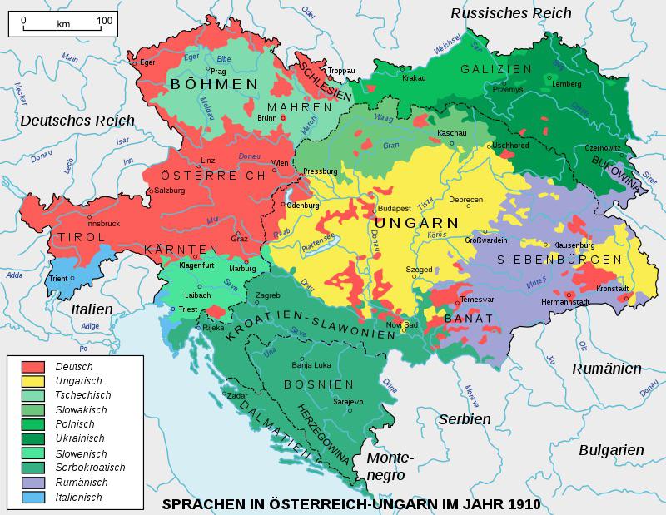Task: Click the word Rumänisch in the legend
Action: (x=79, y=482)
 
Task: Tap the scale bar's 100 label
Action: (x=105, y=19)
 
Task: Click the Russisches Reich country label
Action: (x=511, y=12)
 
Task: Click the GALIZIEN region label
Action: (x=496, y=68)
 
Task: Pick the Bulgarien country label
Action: (x=611, y=449)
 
